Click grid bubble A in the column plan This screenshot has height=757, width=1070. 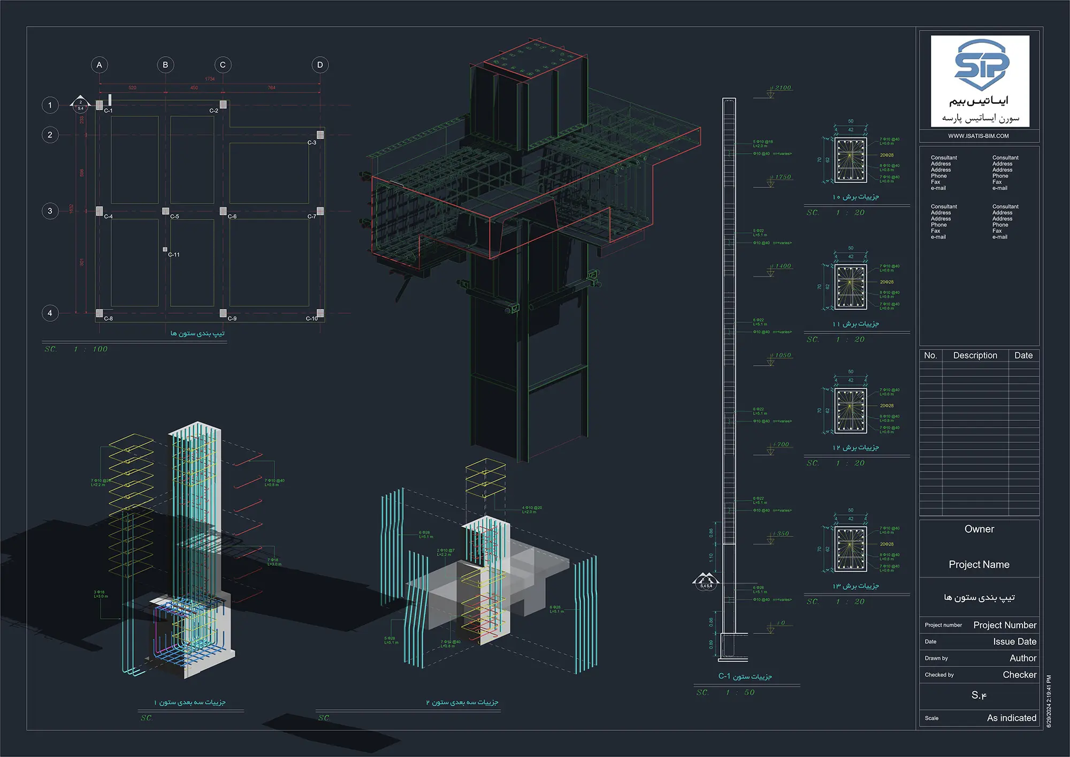click(99, 65)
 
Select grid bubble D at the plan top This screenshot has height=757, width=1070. click(320, 65)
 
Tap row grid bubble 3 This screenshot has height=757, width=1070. click(50, 211)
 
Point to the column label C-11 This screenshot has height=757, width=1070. click(174, 255)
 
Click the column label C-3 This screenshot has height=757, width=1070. click(312, 143)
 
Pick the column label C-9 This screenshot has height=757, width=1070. click(232, 319)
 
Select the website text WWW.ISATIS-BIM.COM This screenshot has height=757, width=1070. click(979, 136)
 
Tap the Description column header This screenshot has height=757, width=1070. click(975, 355)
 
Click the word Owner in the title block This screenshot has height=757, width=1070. click(979, 529)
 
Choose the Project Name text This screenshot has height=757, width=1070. click(979, 564)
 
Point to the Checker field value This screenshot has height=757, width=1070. click(1019, 675)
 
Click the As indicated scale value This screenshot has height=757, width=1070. click(1011, 718)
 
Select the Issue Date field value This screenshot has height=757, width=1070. click(1014, 641)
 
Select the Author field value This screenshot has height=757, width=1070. click(1022, 658)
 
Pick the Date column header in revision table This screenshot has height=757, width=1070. click(1023, 355)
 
